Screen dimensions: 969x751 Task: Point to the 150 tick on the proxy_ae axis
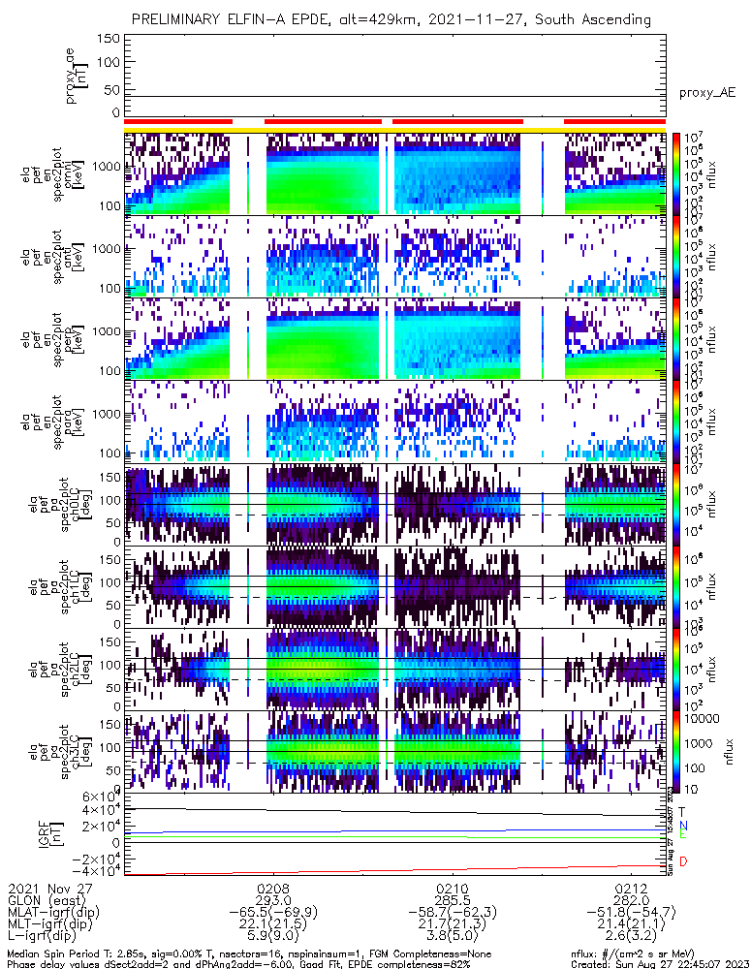pos(109,38)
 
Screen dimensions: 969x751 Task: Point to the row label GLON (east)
pos(44,900)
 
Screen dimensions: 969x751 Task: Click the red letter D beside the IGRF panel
pos(683,861)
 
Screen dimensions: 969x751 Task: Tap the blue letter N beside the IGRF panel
pos(683,825)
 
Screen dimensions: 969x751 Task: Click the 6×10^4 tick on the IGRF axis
pos(100,796)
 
